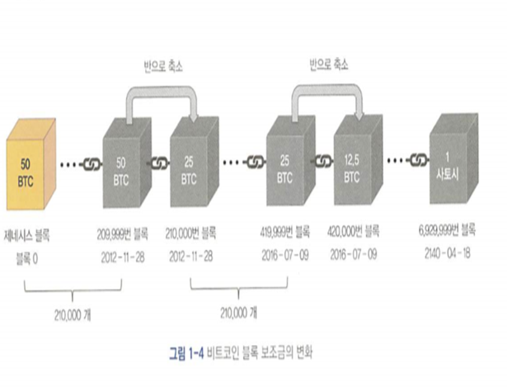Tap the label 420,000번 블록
coord(354,234)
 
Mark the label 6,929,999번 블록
coord(452,234)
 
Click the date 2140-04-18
coord(452,253)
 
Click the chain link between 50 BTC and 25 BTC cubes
coord(157,163)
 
